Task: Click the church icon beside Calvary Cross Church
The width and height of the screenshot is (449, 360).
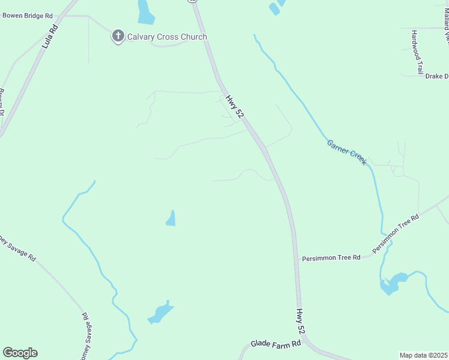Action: click(x=118, y=37)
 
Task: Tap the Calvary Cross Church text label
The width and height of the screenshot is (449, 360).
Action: click(x=167, y=37)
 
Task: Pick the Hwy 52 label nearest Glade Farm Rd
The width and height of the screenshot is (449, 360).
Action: click(x=301, y=322)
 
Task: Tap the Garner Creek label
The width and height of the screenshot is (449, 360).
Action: click(x=346, y=152)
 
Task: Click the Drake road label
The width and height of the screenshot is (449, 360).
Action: click(x=436, y=76)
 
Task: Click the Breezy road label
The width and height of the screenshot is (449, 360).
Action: click(x=2, y=103)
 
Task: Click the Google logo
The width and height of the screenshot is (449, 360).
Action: click(x=20, y=353)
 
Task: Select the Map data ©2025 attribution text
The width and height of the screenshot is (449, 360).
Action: click(x=423, y=355)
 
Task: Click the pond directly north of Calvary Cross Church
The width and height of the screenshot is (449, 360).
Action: click(x=145, y=11)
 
